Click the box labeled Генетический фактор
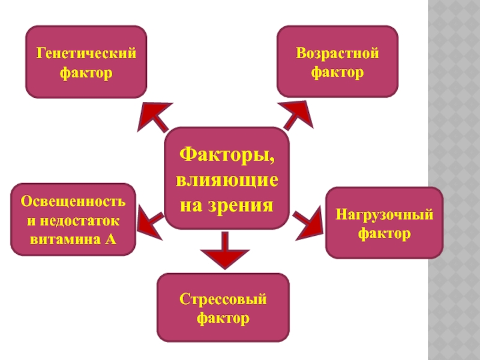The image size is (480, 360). tap(86, 62)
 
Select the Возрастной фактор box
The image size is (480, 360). tap(337, 62)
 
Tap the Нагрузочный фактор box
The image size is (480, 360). tap(384, 223)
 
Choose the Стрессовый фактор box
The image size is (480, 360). tap(223, 307)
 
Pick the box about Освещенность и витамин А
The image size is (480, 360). tap(73, 219)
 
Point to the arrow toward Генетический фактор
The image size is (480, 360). tap(153, 116)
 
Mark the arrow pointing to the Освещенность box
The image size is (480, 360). tap(150, 223)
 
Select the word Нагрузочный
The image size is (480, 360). tap(385, 214)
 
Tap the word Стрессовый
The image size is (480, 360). tap(223, 299)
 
